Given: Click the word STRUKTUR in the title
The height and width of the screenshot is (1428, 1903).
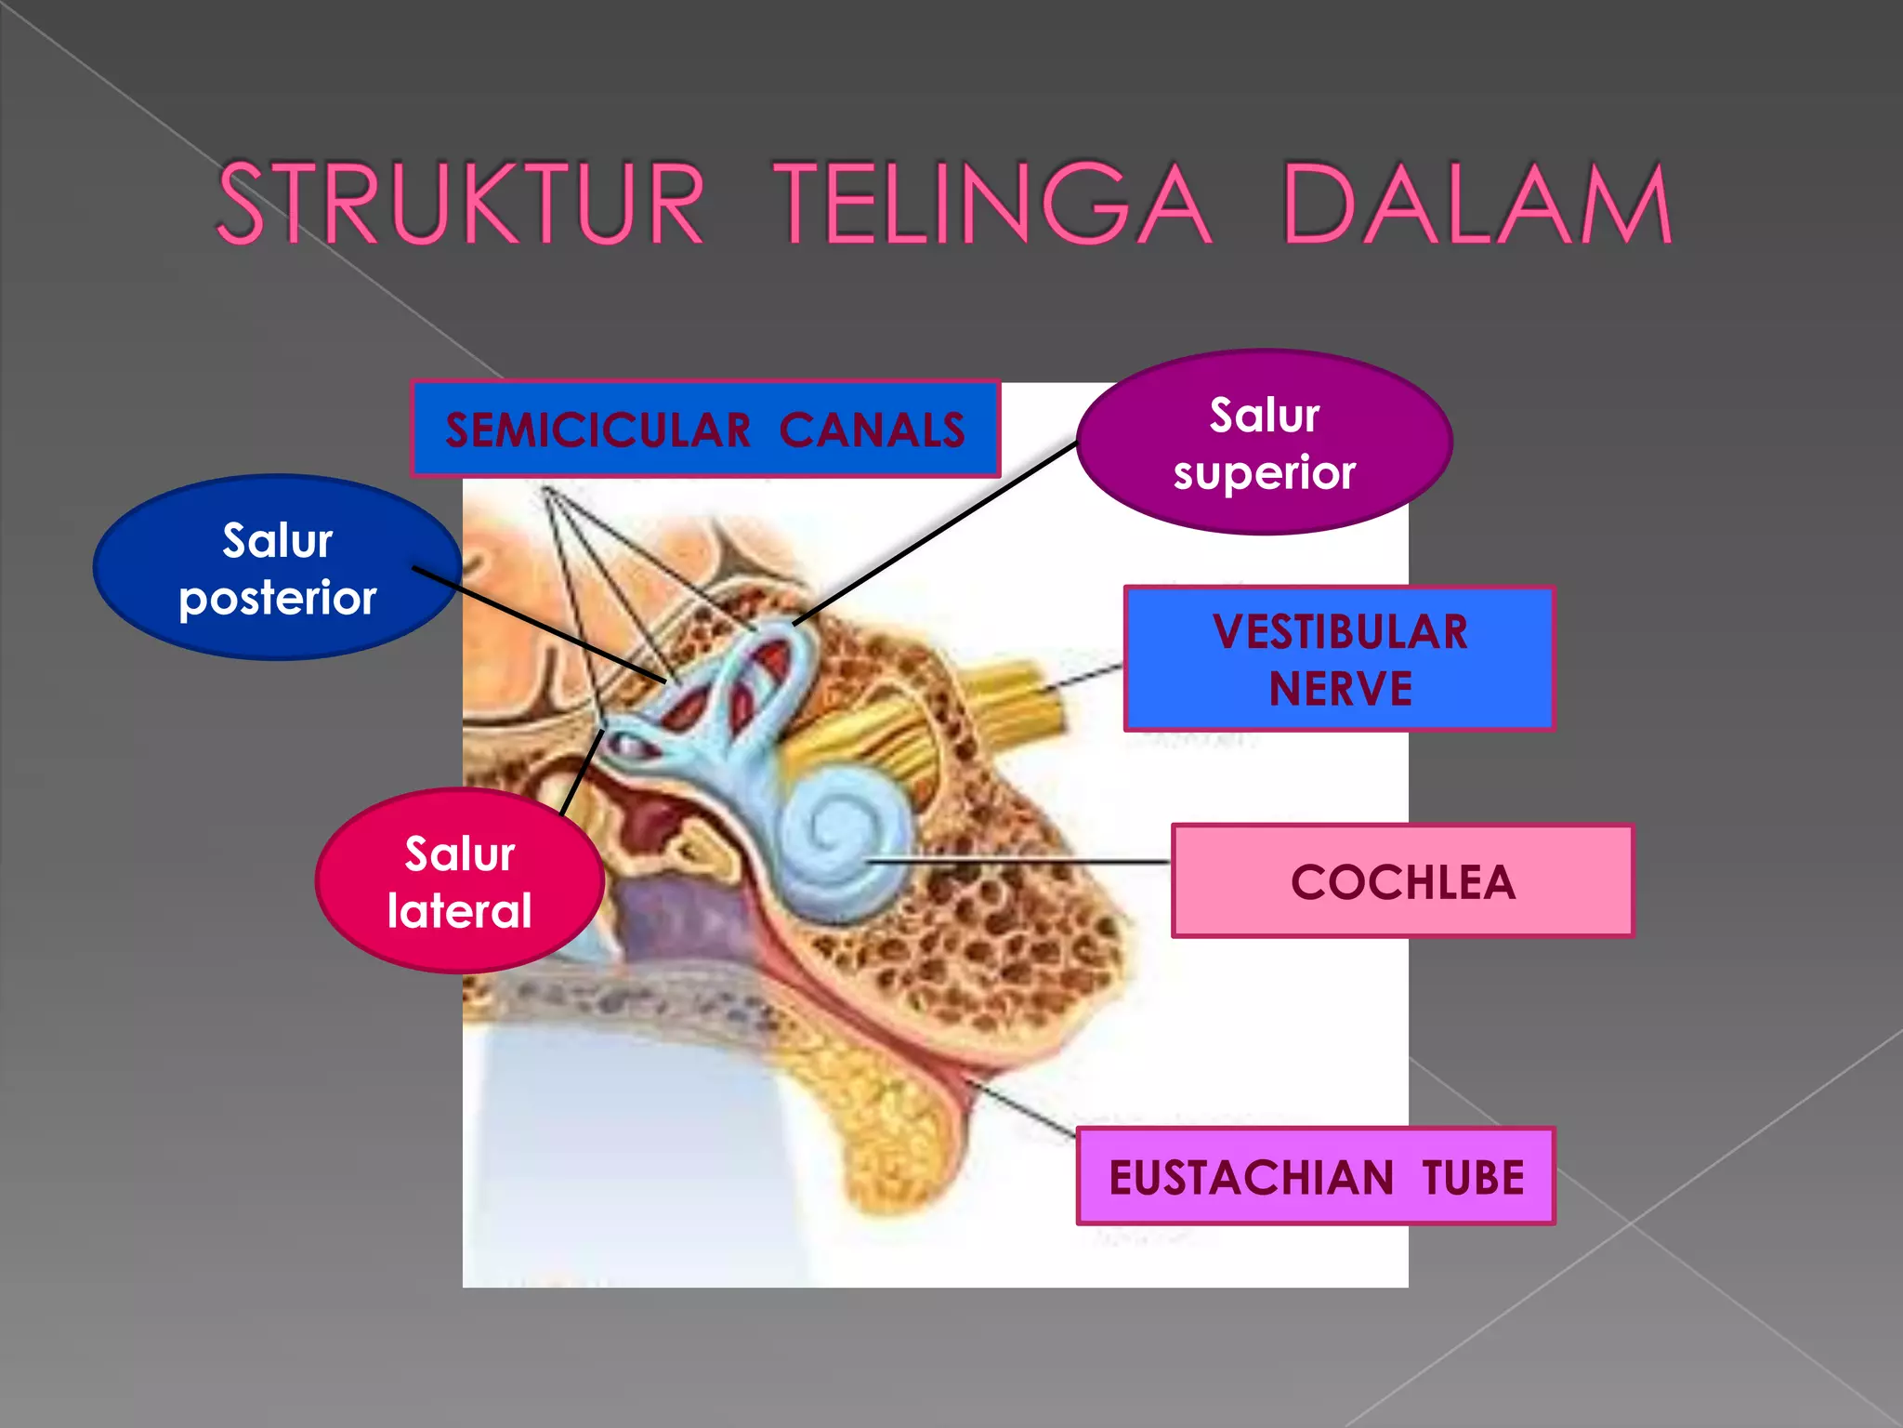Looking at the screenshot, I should click(460, 205).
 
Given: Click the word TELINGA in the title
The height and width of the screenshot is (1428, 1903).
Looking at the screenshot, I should click(992, 205).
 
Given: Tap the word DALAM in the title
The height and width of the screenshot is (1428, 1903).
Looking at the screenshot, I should click(1477, 205).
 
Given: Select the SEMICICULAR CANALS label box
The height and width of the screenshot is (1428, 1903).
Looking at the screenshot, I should click(705, 430).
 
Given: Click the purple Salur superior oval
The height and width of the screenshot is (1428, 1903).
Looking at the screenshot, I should click(1264, 443).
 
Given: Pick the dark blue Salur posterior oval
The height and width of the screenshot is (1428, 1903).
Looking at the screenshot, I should click(277, 568).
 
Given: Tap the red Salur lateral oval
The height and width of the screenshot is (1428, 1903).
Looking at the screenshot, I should click(459, 881).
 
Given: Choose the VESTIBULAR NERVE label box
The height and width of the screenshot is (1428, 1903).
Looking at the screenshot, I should click(1339, 658).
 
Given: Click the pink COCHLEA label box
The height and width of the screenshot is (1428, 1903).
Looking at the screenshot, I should click(1402, 881).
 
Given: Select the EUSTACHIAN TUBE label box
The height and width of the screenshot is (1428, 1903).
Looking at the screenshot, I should click(1316, 1177).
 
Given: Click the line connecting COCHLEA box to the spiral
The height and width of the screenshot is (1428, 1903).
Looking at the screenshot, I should click(1022, 862).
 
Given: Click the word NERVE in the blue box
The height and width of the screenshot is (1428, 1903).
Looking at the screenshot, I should click(1340, 689).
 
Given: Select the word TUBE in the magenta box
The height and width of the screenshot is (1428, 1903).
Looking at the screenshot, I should click(1474, 1178).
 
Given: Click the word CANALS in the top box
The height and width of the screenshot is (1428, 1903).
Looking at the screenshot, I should click(872, 430).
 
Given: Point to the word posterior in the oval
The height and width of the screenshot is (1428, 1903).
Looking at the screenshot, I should click(277, 598).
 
